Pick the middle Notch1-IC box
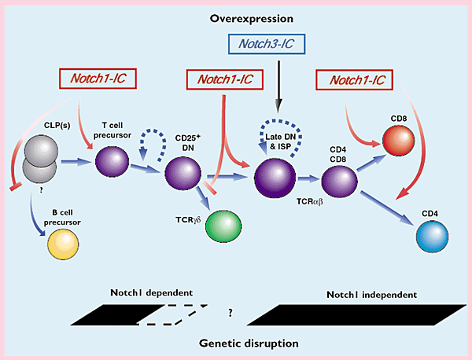[x=224, y=79]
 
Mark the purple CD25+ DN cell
[x=183, y=171]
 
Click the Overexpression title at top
[x=236, y=17]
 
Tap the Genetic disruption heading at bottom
[x=236, y=343]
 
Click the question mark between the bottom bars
[x=230, y=312]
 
